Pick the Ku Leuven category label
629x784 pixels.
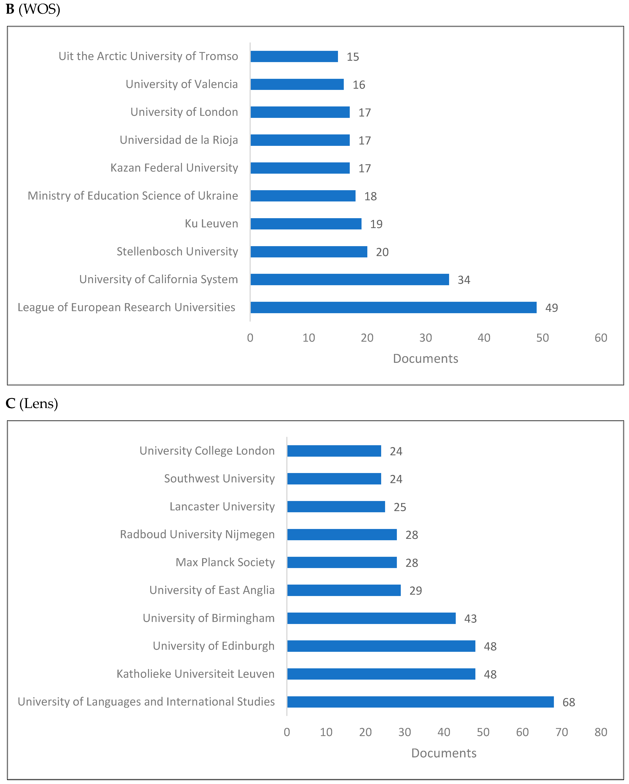[211, 224]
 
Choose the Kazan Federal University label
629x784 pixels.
[174, 168]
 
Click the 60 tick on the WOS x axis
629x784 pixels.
[601, 338]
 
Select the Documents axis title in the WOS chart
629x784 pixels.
[425, 359]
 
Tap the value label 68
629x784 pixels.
[569, 702]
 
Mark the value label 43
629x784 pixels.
[470, 619]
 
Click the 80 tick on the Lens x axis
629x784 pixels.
[601, 732]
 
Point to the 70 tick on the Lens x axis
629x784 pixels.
[561, 732]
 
